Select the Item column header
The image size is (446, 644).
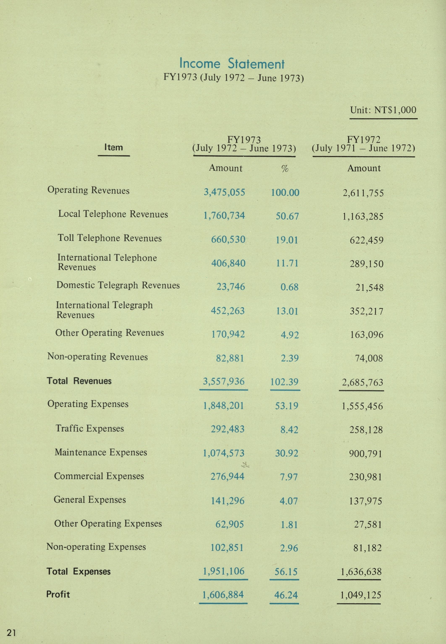coord(113,147)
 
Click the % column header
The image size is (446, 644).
coord(285,168)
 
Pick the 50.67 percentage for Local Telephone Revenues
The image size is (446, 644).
coord(287,216)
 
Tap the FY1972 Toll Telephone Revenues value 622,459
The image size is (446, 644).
coord(366,240)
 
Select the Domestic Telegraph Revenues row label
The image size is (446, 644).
coord(118,285)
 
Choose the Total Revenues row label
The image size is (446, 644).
coord(79,381)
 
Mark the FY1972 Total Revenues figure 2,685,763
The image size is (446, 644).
coord(362,382)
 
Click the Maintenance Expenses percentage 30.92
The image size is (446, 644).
coord(286,453)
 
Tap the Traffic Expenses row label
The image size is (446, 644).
coord(89,428)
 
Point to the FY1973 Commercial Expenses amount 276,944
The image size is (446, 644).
coord(227,476)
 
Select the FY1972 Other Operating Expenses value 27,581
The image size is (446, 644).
coord(368,524)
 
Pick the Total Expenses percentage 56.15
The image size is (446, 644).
coord(286,571)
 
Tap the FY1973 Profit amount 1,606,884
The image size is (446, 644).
coord(223,595)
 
